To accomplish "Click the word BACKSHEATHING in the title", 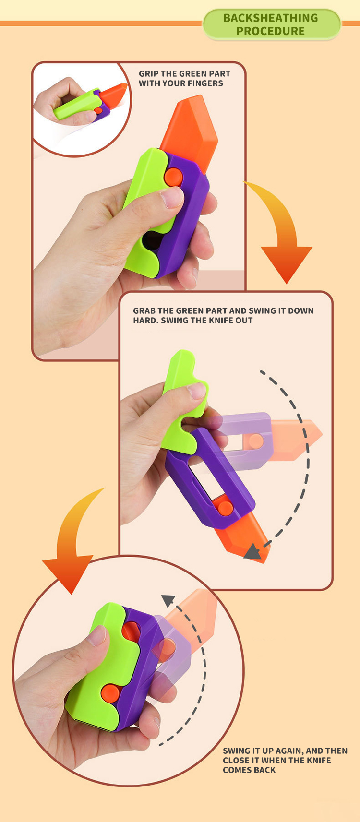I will pyautogui.click(x=270, y=18).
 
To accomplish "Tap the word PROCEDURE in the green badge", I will pyautogui.click(x=270, y=31).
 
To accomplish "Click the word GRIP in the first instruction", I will pyautogui.click(x=148, y=74).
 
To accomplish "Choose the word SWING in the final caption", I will pyautogui.click(x=237, y=751).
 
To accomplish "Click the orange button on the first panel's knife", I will pyautogui.click(x=173, y=177).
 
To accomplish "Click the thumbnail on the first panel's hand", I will pyautogui.click(x=173, y=197).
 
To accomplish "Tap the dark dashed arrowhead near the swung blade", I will pyautogui.click(x=252, y=552).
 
